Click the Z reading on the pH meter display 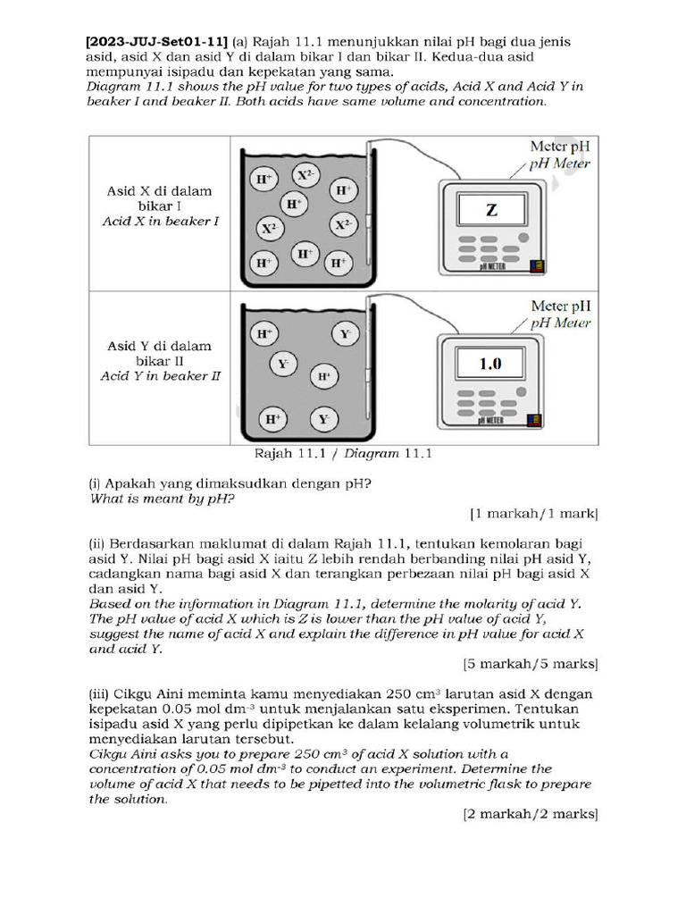[490, 211]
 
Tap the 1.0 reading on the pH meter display [490, 364]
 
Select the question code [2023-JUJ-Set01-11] [156, 41]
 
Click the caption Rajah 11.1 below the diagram [286, 453]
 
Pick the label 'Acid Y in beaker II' [160, 376]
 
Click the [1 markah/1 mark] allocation [533, 514]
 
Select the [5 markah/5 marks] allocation [530, 664]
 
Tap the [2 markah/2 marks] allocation [530, 814]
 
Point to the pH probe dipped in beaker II [367, 366]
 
